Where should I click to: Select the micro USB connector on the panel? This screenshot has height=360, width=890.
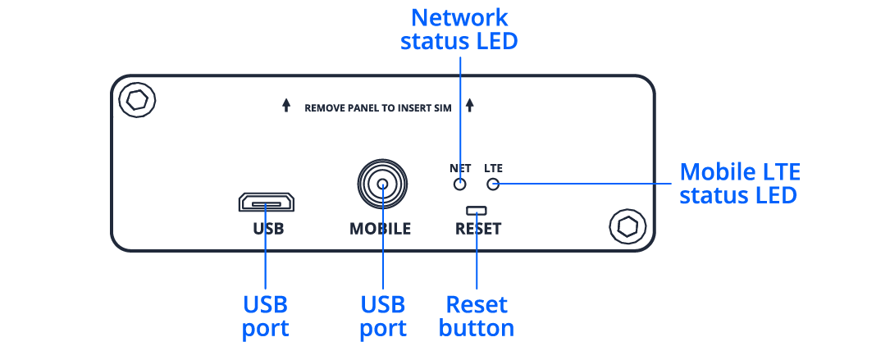click(267, 202)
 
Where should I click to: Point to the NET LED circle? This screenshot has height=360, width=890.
click(460, 184)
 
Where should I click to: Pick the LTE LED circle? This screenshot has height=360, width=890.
click(493, 184)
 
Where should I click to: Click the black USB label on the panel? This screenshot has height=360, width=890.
click(267, 229)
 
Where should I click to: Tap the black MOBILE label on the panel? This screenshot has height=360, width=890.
click(381, 229)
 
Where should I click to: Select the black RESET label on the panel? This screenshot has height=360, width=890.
click(477, 229)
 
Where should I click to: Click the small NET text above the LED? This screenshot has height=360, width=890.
click(459, 167)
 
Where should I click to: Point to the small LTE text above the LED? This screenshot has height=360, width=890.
click(494, 167)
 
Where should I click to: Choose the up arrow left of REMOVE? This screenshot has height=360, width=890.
click(285, 106)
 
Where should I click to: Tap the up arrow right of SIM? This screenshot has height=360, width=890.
click(470, 106)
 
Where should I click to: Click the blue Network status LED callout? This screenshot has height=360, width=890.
click(459, 29)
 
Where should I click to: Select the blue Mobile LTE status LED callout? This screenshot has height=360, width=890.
click(740, 184)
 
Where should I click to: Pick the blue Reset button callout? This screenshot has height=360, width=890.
click(477, 317)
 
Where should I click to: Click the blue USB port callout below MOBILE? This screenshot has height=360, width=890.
click(383, 317)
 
